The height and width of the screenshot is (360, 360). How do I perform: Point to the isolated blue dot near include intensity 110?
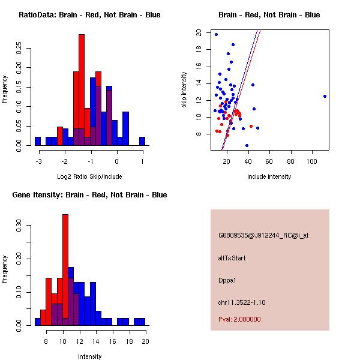pos(325,96)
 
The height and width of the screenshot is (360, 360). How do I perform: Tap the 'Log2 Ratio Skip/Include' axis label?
pos(89,176)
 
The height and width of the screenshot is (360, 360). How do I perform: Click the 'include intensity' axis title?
pos(269,176)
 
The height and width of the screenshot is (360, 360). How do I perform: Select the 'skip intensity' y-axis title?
pos(185,90)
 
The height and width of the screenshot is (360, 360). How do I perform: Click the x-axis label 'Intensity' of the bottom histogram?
pos(89,356)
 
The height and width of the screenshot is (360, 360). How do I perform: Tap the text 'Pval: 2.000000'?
pos(239,320)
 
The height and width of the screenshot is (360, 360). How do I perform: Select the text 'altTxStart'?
pos(232,258)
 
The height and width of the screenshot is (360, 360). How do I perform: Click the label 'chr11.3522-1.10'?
pos(241,302)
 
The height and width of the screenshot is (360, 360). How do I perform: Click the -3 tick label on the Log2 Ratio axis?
pos(38,160)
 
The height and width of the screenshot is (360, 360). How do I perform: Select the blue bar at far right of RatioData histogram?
pos(142,141)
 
